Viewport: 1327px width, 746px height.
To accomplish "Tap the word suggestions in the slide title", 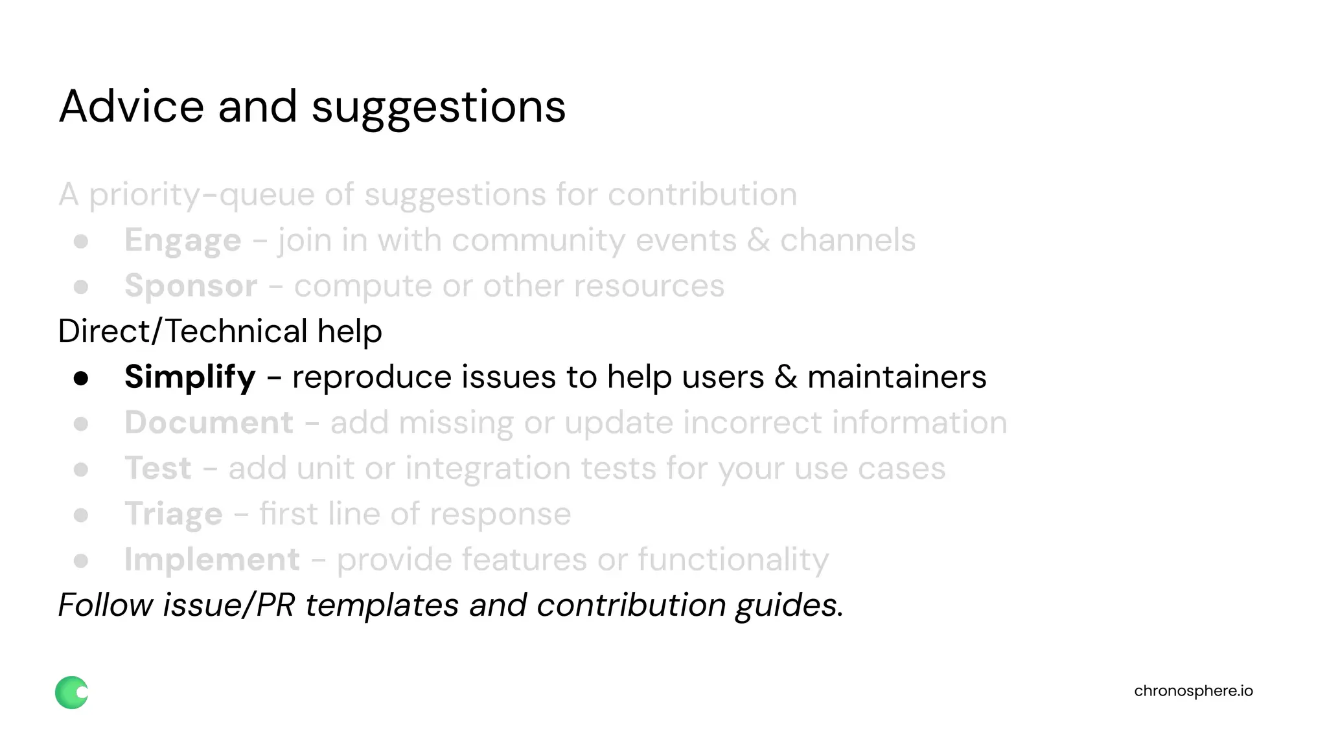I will coord(439,107).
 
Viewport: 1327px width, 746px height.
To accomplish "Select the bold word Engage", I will coord(183,241).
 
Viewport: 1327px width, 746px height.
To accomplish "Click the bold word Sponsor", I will coord(190,286).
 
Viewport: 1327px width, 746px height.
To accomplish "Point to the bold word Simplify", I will coord(190,378).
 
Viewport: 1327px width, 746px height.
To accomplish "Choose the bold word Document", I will coord(209,423).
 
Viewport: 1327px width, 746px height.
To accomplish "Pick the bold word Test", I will coord(158,468).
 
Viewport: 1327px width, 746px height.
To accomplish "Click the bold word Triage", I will coord(174,515).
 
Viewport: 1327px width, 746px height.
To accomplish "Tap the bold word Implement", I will coord(212,559).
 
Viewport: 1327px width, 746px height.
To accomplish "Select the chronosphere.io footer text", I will coord(1193,691).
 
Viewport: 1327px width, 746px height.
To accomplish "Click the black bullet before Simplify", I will coord(81,378).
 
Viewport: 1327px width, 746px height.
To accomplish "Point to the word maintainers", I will coord(896,378).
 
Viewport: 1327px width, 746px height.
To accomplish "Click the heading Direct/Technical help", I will coord(220,332).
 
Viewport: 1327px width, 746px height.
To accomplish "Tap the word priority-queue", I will coord(202,195).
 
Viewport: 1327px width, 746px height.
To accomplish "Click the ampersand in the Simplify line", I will coord(785,378).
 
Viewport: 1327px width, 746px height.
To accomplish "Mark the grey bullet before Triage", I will coord(81,515).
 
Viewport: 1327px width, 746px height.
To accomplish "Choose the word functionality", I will coord(733,560).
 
